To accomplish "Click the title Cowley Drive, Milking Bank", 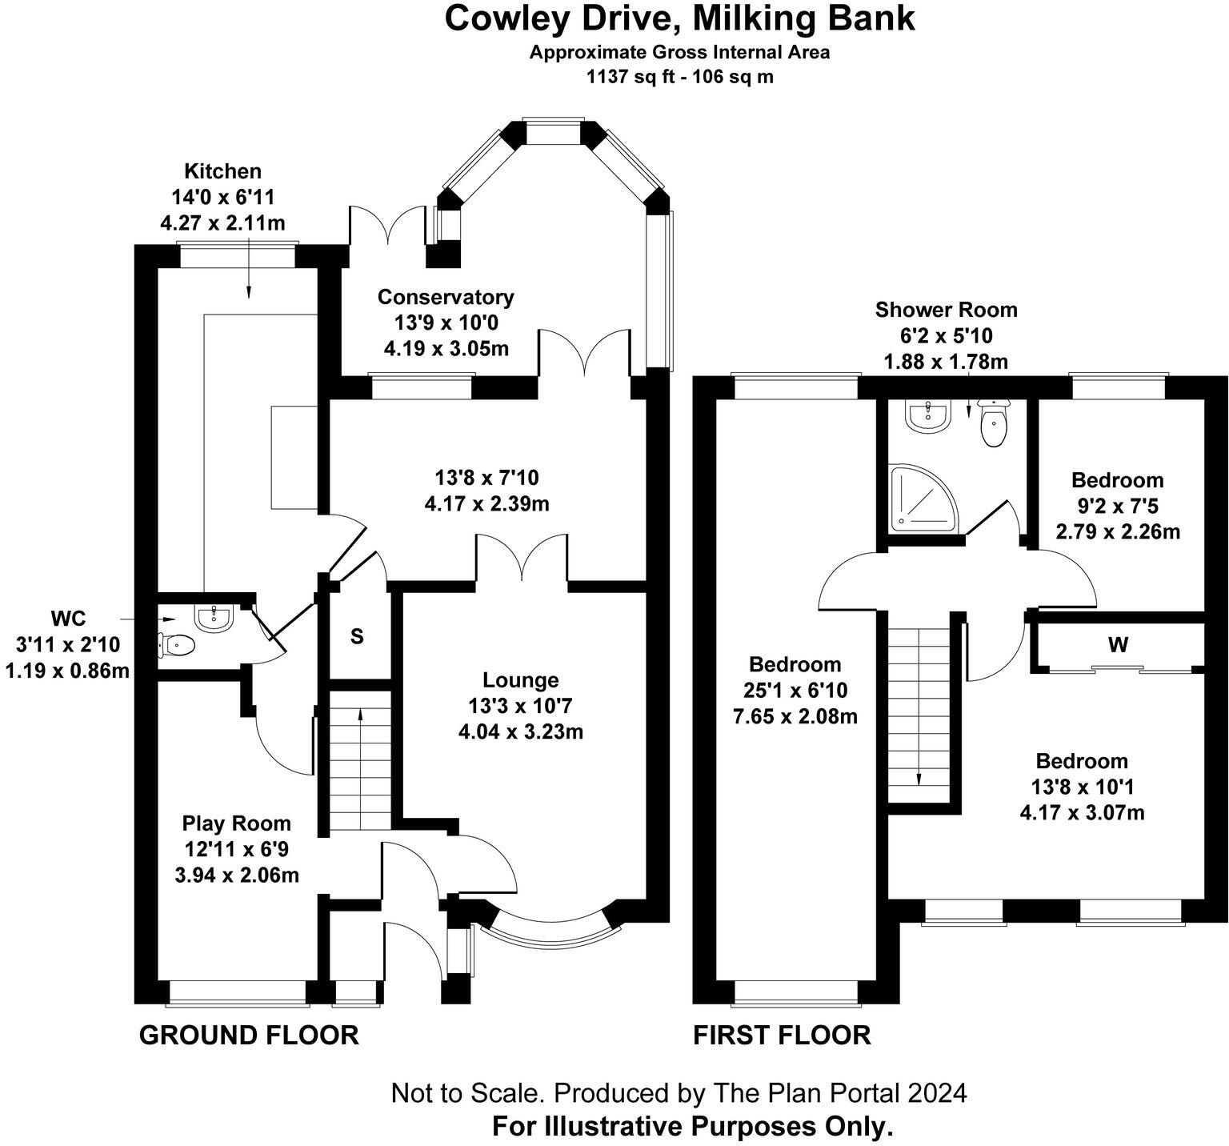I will (679, 18).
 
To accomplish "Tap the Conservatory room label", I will (446, 297).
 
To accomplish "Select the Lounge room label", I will (520, 680).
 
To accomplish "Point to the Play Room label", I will (236, 823).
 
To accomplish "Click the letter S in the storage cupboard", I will (357, 636).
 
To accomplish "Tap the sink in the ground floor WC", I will (214, 617).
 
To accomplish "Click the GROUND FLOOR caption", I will (249, 1036).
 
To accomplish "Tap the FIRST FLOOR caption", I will (782, 1036).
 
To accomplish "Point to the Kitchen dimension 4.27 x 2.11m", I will (222, 222).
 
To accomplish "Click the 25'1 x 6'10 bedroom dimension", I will (795, 690).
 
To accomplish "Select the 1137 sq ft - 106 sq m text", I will (679, 77).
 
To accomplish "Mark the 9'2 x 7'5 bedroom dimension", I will (1117, 506).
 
